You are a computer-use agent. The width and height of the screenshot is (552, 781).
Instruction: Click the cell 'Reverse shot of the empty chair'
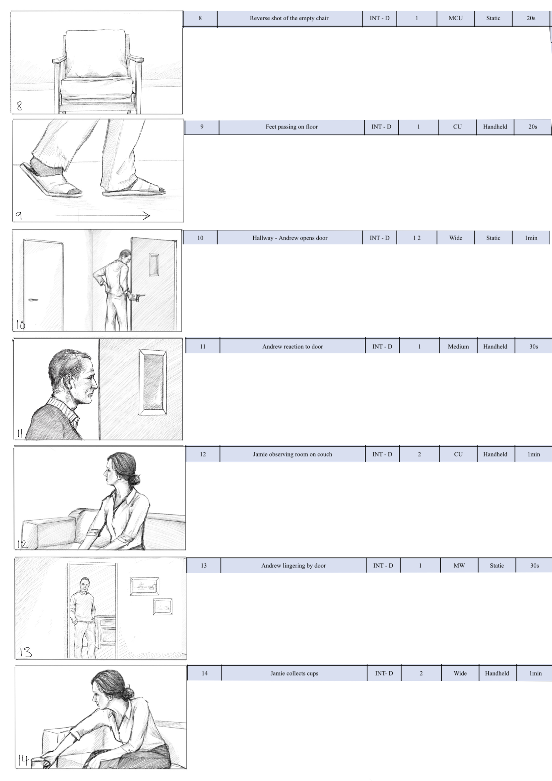289,18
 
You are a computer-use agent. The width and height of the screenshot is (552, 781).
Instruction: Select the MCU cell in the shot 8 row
455,18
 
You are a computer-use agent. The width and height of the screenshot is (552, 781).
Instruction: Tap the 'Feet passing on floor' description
292,127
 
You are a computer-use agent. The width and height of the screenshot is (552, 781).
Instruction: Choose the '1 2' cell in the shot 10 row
417,238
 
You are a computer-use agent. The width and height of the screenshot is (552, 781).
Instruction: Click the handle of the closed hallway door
33,300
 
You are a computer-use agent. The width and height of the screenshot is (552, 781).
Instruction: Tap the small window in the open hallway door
154,264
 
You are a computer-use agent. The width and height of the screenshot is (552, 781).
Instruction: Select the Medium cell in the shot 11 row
458,347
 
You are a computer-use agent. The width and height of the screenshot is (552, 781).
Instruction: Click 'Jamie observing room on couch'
292,455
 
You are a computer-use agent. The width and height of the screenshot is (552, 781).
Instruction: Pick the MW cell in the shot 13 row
459,566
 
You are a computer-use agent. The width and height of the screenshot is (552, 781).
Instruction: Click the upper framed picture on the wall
145,586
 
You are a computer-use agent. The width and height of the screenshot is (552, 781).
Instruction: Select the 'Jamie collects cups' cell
294,674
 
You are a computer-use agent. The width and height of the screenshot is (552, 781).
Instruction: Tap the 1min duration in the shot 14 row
535,674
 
